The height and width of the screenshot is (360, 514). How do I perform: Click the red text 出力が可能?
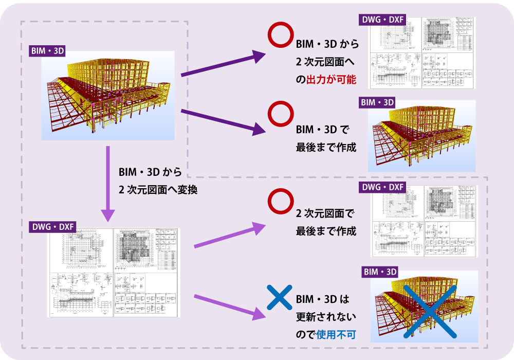tap(332, 80)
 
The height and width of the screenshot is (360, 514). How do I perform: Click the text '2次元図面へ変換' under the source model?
tap(158, 189)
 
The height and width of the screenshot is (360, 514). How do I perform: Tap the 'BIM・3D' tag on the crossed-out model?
tap(381, 272)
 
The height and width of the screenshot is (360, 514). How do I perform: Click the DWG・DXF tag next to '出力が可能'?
tap(382, 21)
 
